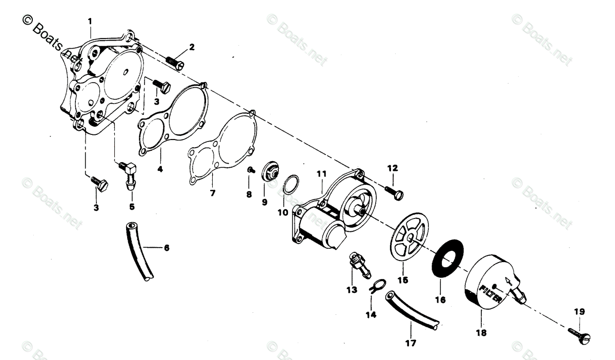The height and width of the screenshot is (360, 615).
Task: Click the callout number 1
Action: point(90,22)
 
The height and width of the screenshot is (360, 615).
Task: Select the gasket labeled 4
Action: point(174,119)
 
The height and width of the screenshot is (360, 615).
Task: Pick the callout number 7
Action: point(212,193)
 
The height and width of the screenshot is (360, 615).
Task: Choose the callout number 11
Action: point(321,174)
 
